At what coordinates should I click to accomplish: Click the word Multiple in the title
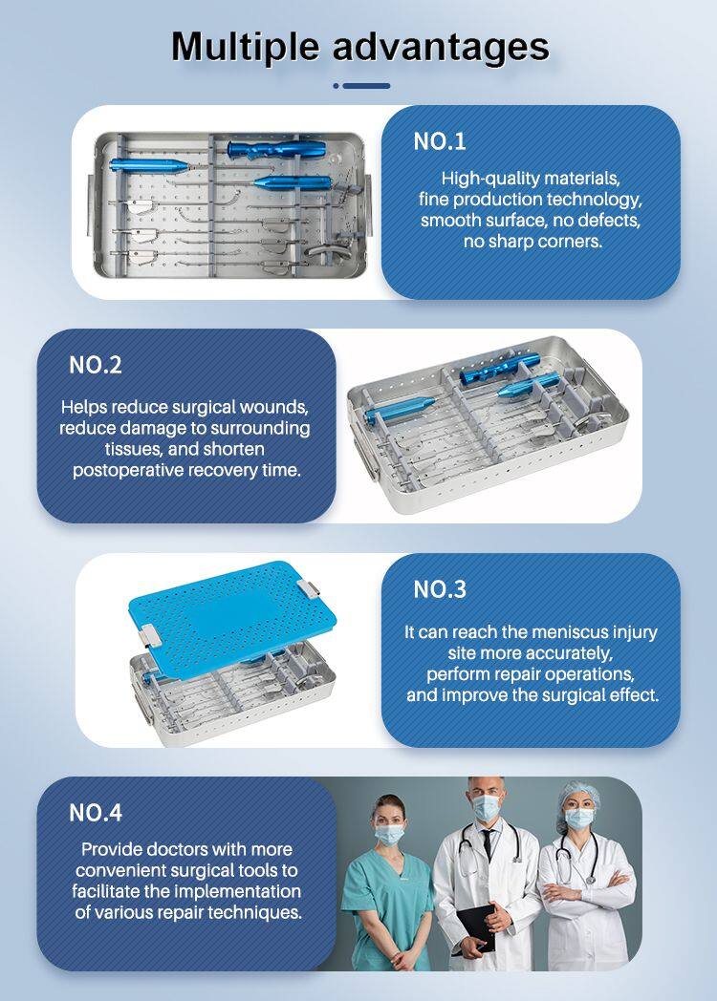[245, 48]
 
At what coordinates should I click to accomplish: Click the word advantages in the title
[441, 46]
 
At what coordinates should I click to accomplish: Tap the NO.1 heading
[440, 141]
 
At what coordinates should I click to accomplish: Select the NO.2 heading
[96, 365]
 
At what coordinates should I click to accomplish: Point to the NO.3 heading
[440, 589]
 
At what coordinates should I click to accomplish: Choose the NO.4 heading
[96, 813]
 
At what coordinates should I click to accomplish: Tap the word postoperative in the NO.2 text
[128, 471]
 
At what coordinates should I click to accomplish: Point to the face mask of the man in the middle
[487, 808]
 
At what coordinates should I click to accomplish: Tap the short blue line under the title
[366, 86]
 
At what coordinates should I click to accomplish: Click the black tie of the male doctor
[489, 843]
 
